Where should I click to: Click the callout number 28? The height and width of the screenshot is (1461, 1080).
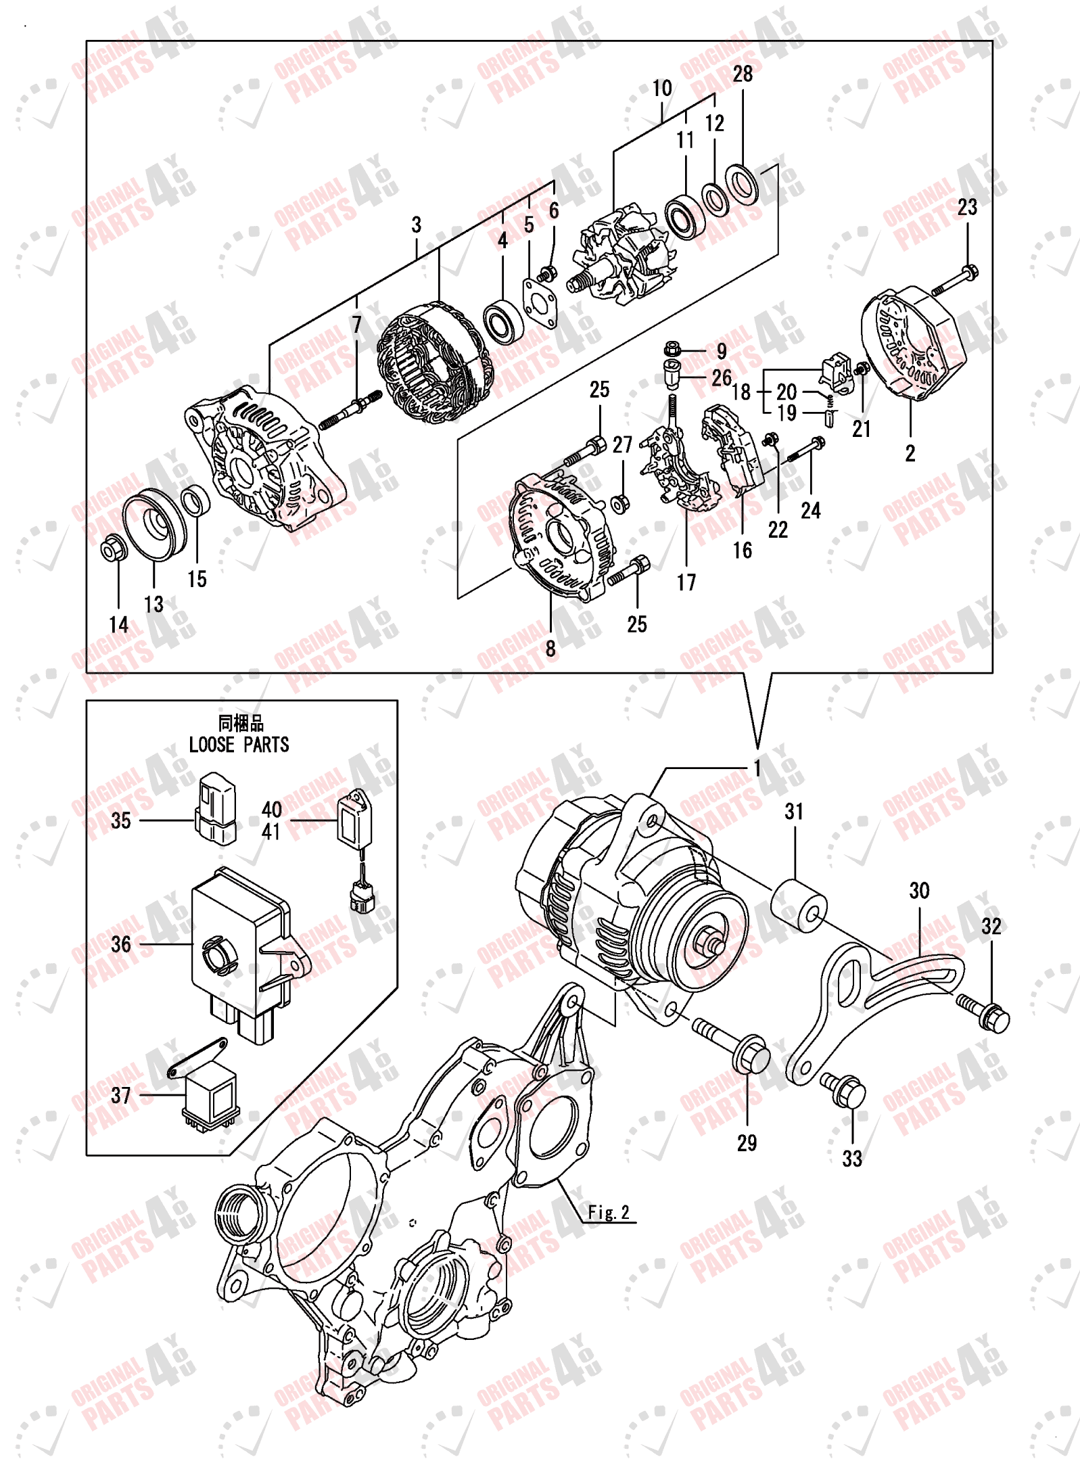click(x=742, y=74)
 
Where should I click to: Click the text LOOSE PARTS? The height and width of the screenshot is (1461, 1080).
click(x=239, y=745)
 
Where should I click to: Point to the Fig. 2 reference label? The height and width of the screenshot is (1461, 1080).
click(x=608, y=1212)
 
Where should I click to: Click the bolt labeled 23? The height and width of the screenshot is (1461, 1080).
click(x=955, y=281)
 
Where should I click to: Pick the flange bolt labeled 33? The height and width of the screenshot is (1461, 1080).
click(x=843, y=1090)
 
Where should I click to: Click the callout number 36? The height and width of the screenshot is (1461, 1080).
click(x=121, y=944)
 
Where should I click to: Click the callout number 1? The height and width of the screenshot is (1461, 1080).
click(x=757, y=768)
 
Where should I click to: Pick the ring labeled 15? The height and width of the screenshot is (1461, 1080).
click(x=195, y=501)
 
